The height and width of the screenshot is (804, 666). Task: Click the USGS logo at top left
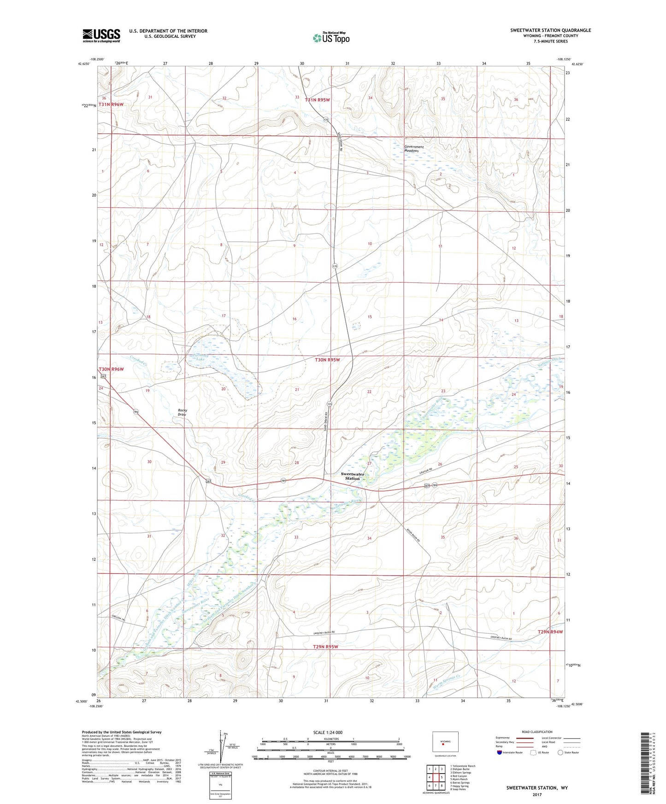click(101, 35)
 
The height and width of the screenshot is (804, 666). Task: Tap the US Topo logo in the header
click(330, 38)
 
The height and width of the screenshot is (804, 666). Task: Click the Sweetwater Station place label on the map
click(352, 476)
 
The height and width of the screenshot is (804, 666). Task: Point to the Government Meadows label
click(413, 149)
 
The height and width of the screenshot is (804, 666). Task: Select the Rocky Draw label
click(182, 412)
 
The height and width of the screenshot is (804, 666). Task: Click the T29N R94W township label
click(550, 632)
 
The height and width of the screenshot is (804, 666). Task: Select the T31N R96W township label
click(111, 105)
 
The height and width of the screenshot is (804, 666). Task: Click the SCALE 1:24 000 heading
click(328, 732)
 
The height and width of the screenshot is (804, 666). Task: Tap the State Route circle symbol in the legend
click(560, 752)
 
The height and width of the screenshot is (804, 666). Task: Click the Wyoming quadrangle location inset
click(445, 742)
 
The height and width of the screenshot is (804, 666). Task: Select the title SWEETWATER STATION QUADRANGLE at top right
click(550, 30)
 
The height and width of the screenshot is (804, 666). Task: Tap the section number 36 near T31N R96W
click(104, 98)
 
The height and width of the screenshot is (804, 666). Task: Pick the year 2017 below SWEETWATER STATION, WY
click(537, 795)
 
